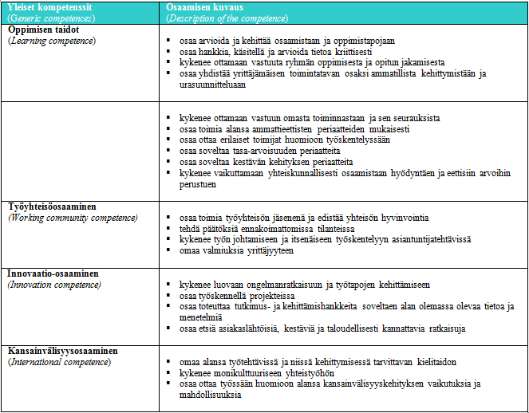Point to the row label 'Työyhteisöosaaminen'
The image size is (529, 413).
[51, 206]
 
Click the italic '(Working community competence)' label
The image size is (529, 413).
[73, 217]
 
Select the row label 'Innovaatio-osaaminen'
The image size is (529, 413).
[53, 273]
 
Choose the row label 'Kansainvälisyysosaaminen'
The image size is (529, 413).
[62, 350]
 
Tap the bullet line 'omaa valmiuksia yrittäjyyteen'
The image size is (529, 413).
[237, 250]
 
